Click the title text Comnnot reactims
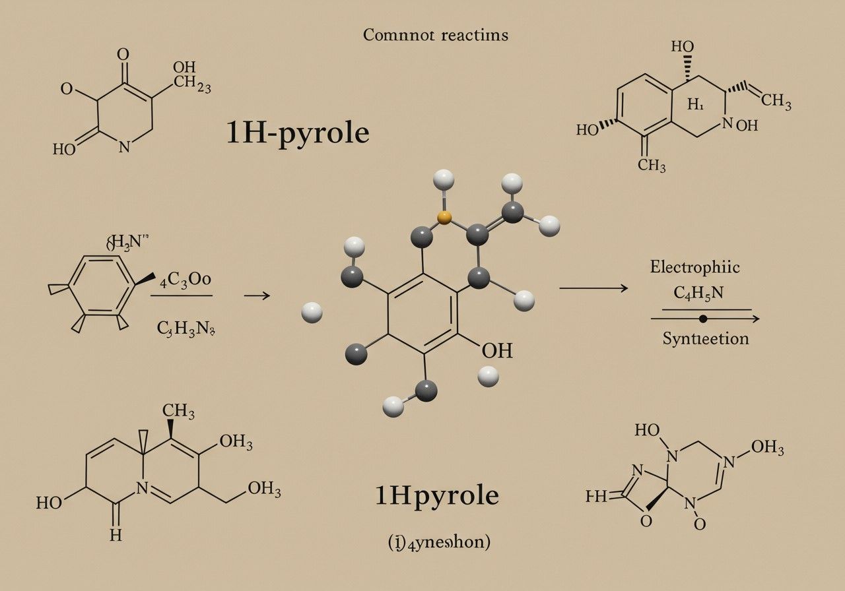point(436,35)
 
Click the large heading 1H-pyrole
point(298,133)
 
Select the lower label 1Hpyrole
point(437,495)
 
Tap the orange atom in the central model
point(445,218)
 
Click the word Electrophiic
point(694,267)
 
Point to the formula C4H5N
point(698,292)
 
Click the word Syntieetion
point(706,339)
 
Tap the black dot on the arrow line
point(703,319)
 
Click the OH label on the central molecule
point(496,350)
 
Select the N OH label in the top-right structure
point(740,125)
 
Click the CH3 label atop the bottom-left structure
point(178,412)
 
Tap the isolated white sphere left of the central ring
point(312,312)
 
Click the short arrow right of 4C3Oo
point(257,295)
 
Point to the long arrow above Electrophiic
point(593,288)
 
